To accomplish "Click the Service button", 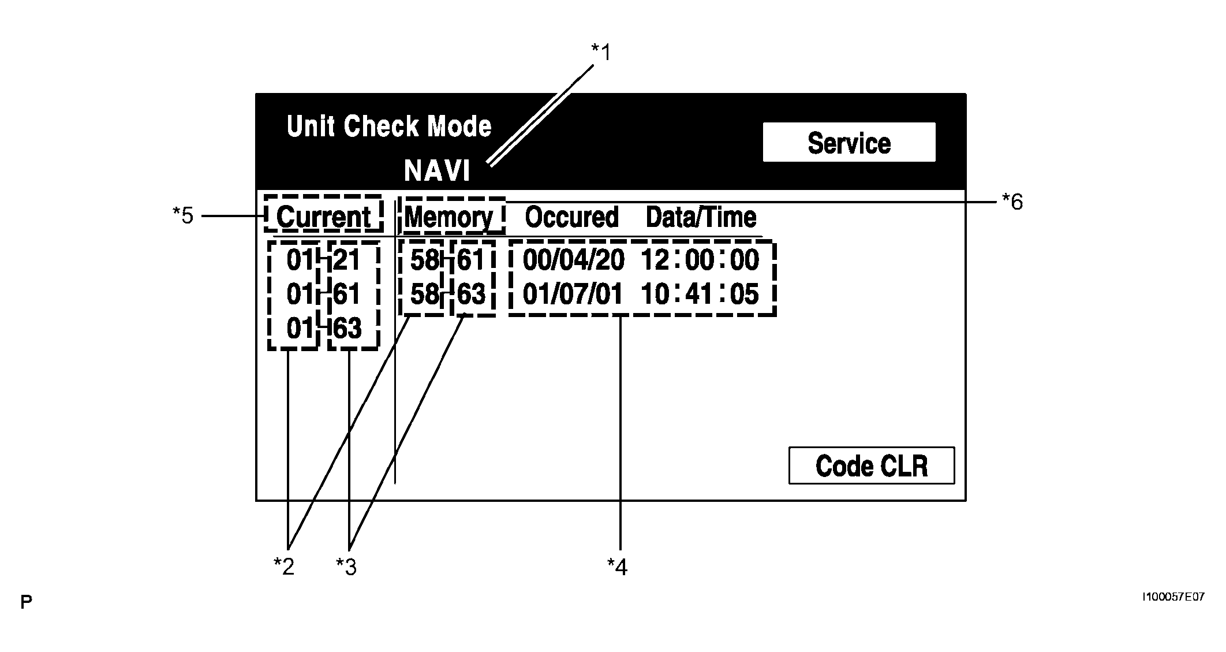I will coord(849,143).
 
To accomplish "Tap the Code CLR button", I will coord(871,465).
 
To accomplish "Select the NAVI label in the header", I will coord(437,171).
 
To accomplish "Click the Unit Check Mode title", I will coord(388,126).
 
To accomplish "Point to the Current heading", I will coord(324,217).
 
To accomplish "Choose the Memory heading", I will coord(449,217).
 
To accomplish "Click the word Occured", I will coord(571,217).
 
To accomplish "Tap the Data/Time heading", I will coord(701,217).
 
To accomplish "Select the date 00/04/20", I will coord(573,260).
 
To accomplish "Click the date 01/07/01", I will coord(573,294).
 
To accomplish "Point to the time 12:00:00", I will coord(700,260).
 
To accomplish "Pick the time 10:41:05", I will coord(700,294).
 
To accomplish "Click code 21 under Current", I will coord(347,260).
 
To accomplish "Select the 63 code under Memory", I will coord(471,294).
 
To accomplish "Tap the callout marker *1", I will coord(600,53).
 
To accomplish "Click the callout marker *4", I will coord(617,567).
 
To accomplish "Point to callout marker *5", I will coord(183,216).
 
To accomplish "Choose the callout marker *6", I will coord(1012,202).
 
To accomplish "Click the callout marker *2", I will coord(284,567).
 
